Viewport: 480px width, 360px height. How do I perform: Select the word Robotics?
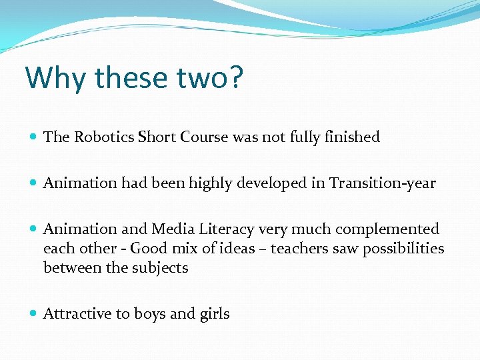point(104,137)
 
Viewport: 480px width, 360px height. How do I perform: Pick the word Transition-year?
point(382,183)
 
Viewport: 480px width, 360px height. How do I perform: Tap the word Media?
point(171,229)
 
